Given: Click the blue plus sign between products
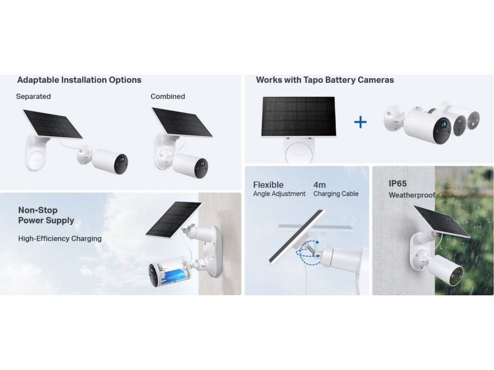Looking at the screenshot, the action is point(360,122).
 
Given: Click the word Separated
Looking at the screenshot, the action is point(33,96).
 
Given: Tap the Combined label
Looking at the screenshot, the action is point(167,96).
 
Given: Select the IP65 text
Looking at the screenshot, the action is point(398,184).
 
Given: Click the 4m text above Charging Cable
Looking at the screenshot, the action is point(319,185).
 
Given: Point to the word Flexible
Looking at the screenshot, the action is point(268,185).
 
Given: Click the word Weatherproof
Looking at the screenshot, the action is point(412,195).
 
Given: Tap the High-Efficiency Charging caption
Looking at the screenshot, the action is point(60,238).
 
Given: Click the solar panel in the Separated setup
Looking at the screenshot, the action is point(53,124).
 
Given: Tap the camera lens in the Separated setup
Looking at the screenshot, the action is point(121,160).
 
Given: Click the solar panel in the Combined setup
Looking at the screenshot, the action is point(182,122).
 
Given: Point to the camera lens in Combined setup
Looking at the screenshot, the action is point(201,164).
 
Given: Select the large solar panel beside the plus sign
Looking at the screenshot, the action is point(298,117).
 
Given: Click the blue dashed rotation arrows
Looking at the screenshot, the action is point(308,249).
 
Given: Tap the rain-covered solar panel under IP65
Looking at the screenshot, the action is point(442,222).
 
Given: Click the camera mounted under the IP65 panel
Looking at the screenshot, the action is point(445,270).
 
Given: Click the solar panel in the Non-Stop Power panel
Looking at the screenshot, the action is point(174,220).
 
